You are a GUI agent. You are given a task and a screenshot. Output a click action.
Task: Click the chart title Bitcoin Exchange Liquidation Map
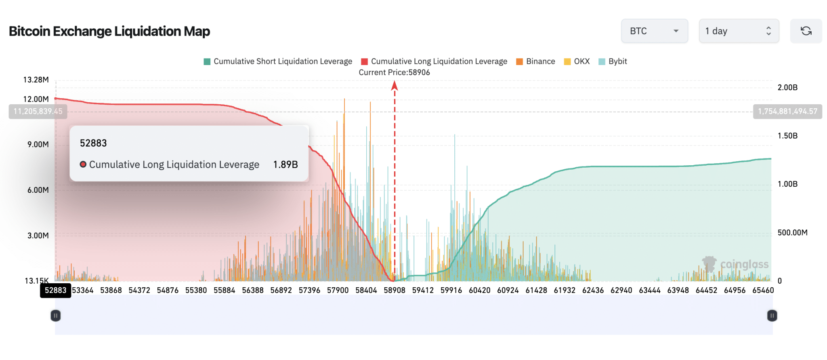pyautogui.click(x=109, y=31)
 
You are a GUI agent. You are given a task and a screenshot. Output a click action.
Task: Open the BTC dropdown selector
pyautogui.click(x=654, y=31)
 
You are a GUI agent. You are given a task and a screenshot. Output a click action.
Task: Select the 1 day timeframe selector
pyautogui.click(x=739, y=31)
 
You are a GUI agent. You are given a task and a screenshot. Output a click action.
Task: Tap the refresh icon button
pyautogui.click(x=806, y=31)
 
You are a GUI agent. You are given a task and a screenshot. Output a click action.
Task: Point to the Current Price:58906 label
pyautogui.click(x=394, y=72)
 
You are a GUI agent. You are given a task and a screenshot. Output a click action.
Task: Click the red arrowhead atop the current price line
pyautogui.click(x=395, y=85)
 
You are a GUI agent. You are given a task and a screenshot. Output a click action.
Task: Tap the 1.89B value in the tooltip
pyautogui.click(x=285, y=164)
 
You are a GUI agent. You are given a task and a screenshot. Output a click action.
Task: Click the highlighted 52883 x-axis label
pyautogui.click(x=55, y=290)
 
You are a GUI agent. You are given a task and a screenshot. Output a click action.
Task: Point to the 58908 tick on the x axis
pyautogui.click(x=395, y=290)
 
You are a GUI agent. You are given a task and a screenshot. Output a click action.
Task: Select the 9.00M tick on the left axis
pyautogui.click(x=38, y=144)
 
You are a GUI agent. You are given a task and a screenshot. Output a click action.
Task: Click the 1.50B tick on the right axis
pyautogui.click(x=787, y=136)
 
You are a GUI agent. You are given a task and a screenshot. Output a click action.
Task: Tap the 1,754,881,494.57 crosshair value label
pyautogui.click(x=787, y=112)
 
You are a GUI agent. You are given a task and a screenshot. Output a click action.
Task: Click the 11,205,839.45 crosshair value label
pyautogui.click(x=38, y=112)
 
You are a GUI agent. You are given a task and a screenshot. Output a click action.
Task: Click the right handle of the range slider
pyautogui.click(x=772, y=316)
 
